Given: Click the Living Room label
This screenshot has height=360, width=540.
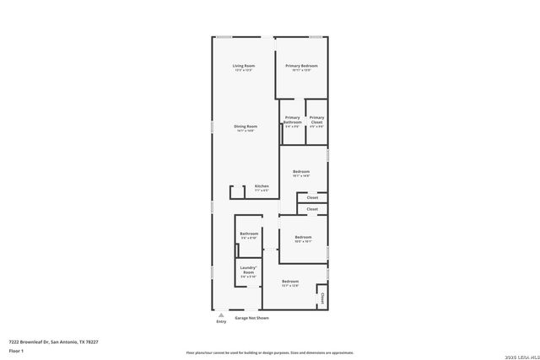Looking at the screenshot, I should pos(244,66).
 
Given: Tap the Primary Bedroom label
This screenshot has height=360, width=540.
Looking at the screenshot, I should pos(300,66).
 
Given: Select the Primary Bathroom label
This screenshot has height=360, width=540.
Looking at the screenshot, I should pos(292,120).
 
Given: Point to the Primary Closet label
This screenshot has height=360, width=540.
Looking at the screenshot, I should pos(316,120).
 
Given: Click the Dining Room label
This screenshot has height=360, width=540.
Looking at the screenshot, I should pos(245,126).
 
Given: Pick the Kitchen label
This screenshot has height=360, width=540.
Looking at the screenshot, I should pos(262,185).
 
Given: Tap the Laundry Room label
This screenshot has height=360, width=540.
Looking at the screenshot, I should pos(248,270).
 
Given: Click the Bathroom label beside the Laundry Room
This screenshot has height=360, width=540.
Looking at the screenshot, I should pos(248,234).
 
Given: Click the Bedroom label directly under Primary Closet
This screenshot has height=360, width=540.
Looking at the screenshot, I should pos(301,171).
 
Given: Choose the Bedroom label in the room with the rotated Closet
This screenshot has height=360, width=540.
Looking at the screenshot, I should pos(289,281).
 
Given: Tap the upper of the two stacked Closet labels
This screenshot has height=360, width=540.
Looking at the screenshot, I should pos(311,198).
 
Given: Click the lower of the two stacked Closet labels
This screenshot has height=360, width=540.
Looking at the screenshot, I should pos(311,209).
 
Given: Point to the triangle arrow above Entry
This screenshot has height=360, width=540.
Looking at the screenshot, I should pos(221,314).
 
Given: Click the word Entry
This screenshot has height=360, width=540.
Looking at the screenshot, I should pos(221,321).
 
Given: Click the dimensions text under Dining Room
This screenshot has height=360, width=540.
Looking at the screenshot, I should pos(245,131).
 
